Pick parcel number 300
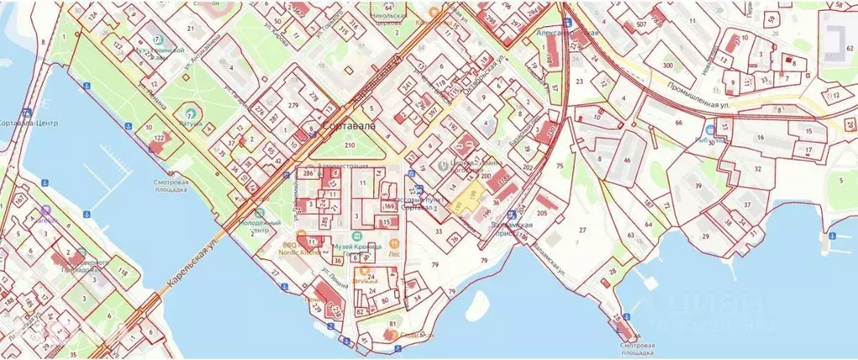pyautogui.click(x=668, y=65)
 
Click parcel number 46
pyautogui.click(x=627, y=159)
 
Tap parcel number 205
pyautogui.click(x=542, y=213)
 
